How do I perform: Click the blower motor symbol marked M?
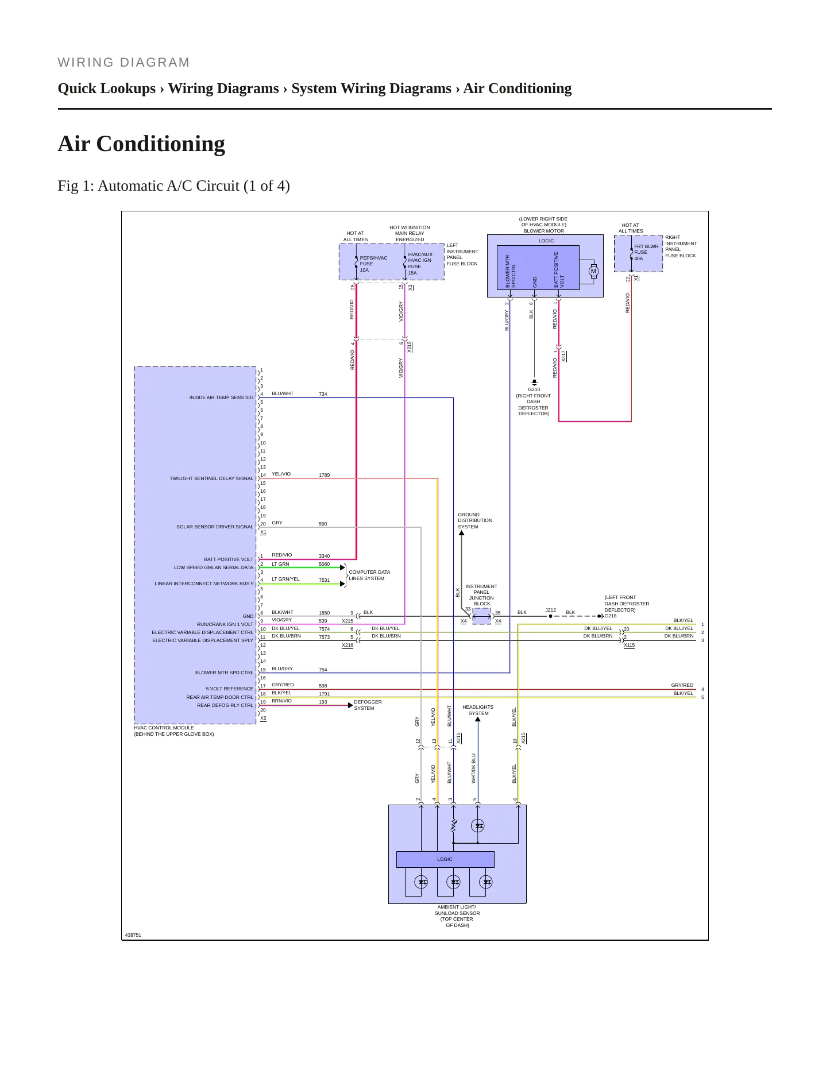[x=593, y=271]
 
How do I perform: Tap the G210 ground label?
[x=534, y=389]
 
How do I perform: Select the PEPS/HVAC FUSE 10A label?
[x=373, y=264]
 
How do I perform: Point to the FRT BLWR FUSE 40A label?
[x=646, y=252]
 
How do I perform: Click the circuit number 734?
[x=323, y=394]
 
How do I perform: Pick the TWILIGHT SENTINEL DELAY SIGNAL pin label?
[x=211, y=478]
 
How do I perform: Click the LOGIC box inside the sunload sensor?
[x=445, y=859]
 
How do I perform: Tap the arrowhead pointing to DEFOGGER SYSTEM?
[x=350, y=705]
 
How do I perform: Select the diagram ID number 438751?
[x=133, y=935]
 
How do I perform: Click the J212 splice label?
[x=550, y=610]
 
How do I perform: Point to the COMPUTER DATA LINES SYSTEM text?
[x=369, y=575]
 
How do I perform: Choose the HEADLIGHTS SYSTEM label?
[x=478, y=710]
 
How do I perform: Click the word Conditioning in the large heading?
[x=161, y=144]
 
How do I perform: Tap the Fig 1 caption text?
[x=173, y=186]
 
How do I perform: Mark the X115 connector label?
[x=630, y=645]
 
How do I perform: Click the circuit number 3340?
[x=325, y=556]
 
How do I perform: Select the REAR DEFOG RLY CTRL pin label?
[x=225, y=705]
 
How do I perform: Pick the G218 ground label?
[x=611, y=616]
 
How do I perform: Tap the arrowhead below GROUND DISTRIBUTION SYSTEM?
[x=461, y=533]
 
